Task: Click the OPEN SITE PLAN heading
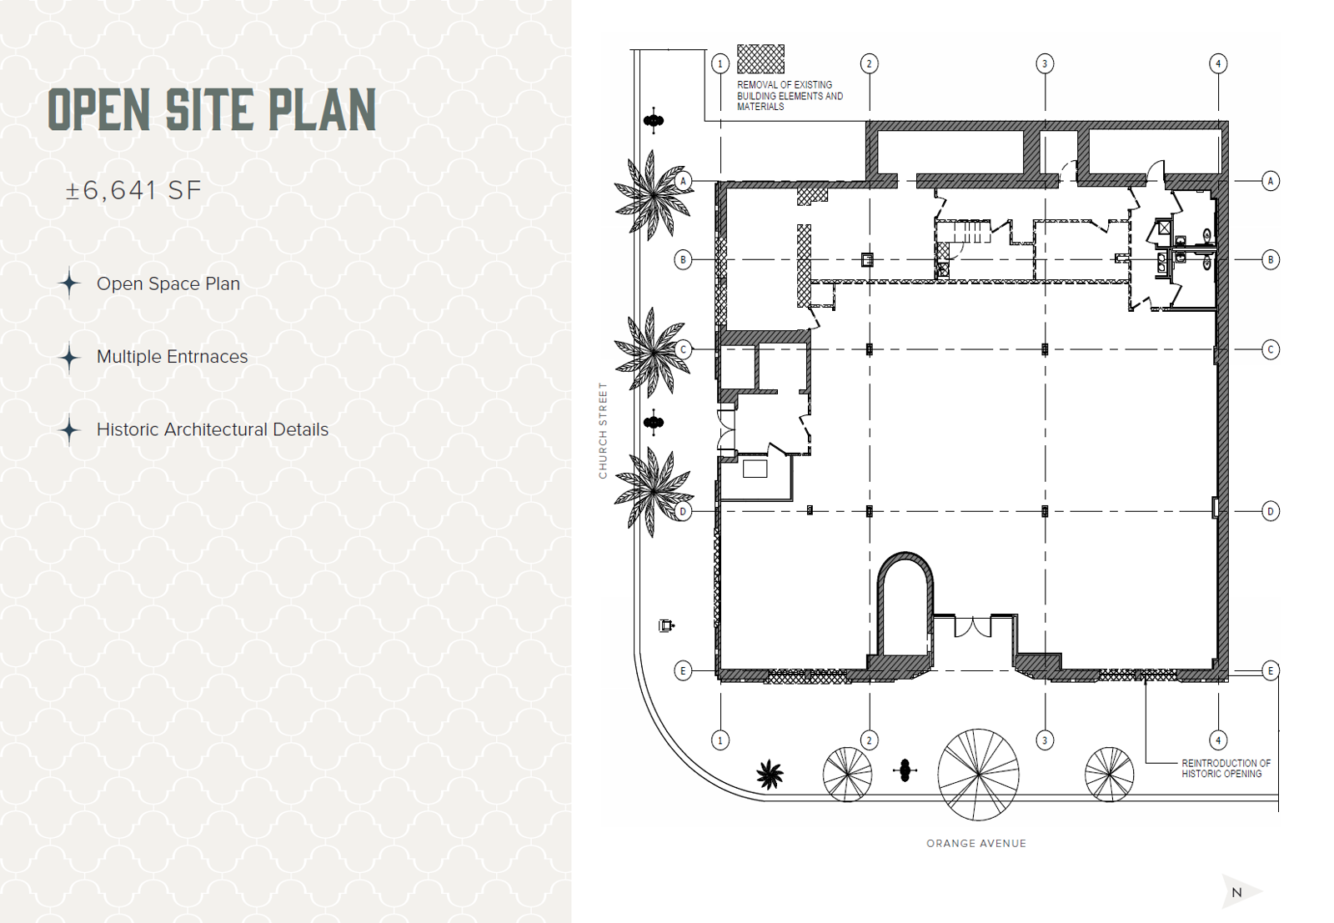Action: click(212, 109)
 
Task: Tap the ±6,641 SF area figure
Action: click(133, 191)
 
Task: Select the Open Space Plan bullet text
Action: click(168, 284)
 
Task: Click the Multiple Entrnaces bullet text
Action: click(172, 357)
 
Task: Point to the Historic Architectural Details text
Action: click(213, 429)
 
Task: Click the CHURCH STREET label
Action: click(603, 430)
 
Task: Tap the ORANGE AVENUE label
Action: click(976, 843)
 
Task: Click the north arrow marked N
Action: click(1239, 892)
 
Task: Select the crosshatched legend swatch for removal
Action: click(760, 59)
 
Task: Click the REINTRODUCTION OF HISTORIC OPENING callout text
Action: click(1226, 768)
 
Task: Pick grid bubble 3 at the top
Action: click(1045, 63)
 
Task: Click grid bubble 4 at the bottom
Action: click(1218, 740)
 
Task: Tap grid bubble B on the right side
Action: click(1271, 259)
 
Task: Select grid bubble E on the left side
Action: click(683, 670)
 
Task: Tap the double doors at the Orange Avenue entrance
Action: click(973, 626)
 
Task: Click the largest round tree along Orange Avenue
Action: click(978, 774)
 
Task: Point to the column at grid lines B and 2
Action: click(868, 260)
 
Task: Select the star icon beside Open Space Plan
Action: click(70, 283)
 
